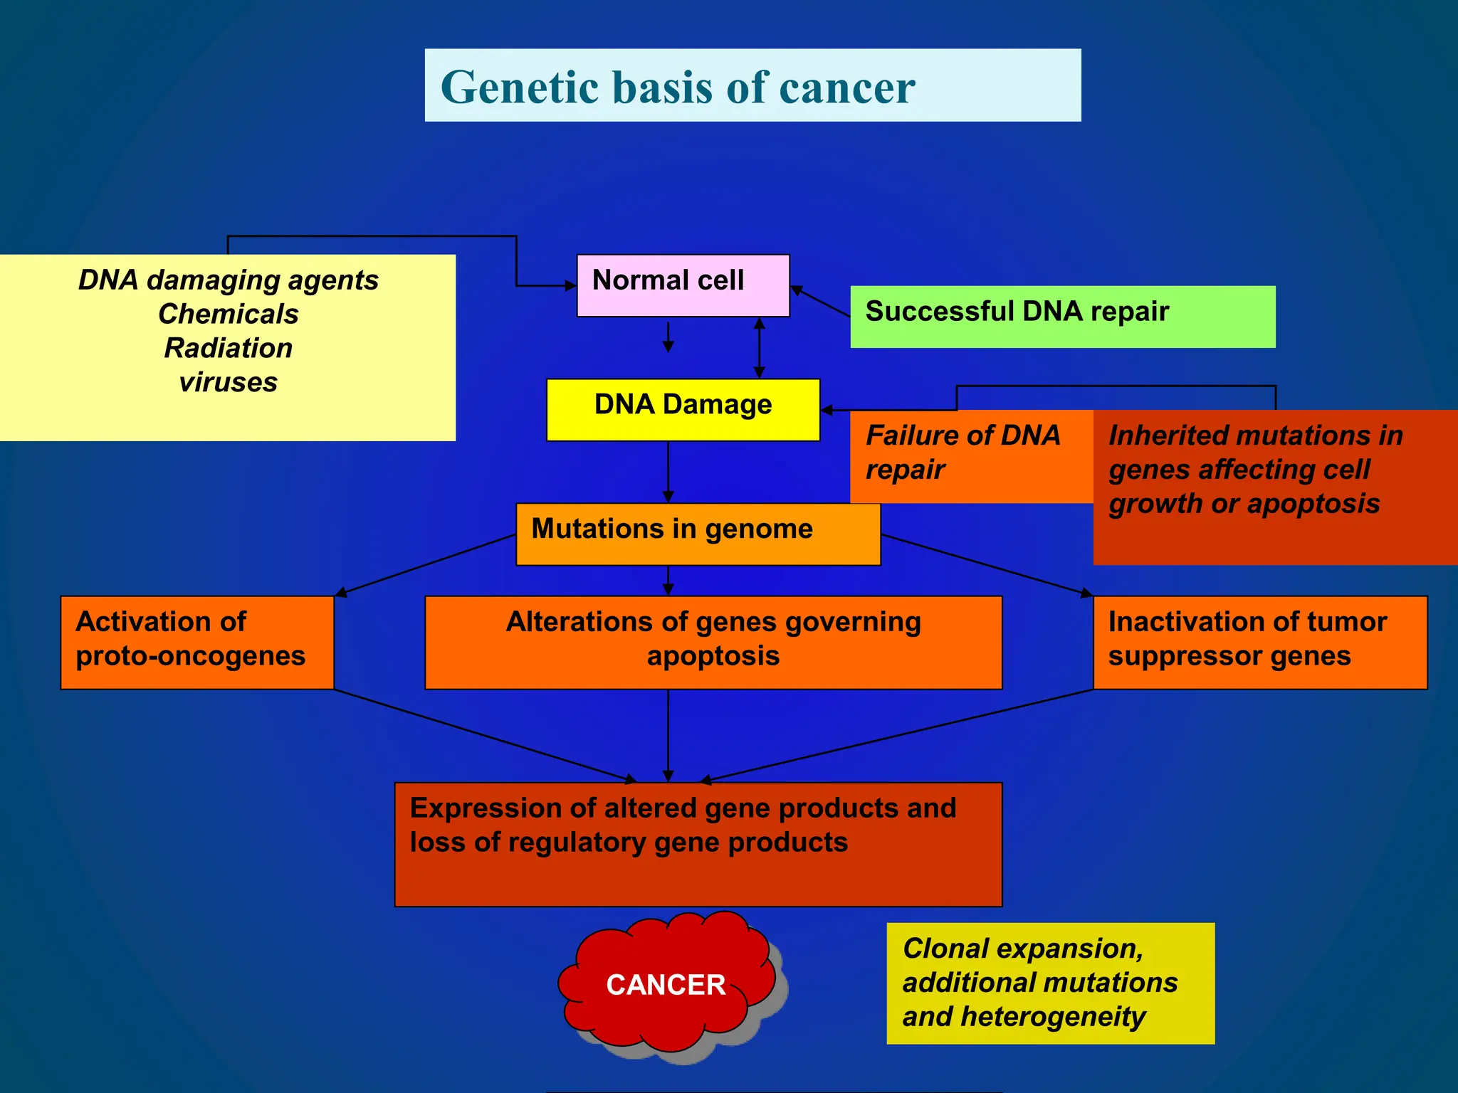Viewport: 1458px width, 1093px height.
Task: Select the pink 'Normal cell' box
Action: click(682, 285)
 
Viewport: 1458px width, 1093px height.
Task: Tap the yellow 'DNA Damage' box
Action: click(682, 409)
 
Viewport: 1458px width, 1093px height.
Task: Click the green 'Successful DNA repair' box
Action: click(1061, 316)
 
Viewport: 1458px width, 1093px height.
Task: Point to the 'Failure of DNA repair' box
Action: click(970, 455)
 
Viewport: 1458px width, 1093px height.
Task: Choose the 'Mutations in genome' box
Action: click(698, 534)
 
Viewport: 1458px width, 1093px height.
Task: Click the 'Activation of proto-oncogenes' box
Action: click(196, 642)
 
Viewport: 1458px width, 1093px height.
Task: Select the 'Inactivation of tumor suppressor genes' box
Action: click(1259, 642)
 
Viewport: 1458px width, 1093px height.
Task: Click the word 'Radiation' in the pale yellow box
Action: click(229, 348)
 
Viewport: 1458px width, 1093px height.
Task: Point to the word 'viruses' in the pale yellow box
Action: click(229, 382)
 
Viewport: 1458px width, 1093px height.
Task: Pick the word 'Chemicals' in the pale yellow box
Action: click(229, 314)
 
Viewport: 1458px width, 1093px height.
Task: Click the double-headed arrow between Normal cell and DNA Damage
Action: click(759, 347)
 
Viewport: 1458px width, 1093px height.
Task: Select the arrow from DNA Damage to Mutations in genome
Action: click(668, 471)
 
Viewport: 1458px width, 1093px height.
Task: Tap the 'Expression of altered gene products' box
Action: click(698, 844)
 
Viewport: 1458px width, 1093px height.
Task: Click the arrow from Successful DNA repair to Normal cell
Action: click(820, 301)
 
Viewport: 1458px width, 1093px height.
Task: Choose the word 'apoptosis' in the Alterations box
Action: click(713, 656)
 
